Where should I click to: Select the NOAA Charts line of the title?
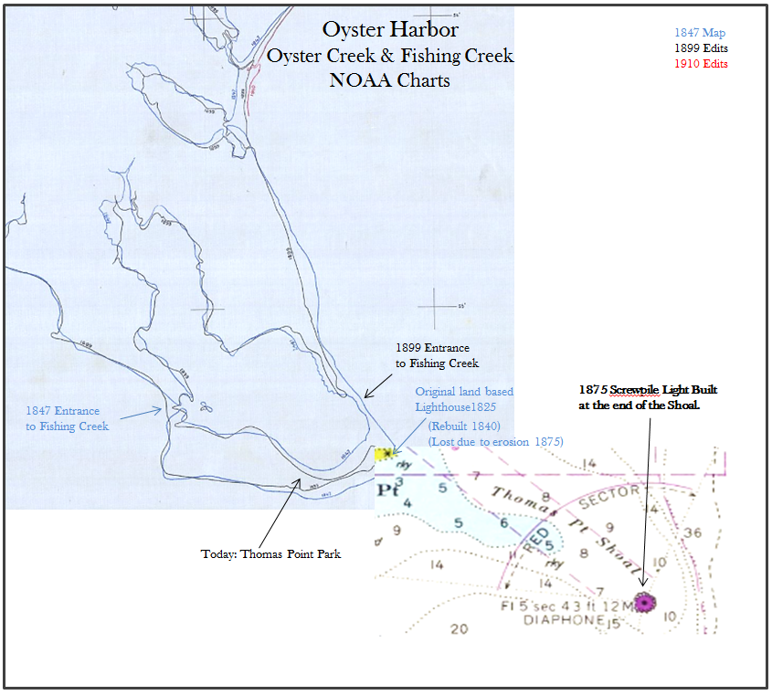click(x=390, y=79)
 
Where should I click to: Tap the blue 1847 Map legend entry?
click(x=700, y=33)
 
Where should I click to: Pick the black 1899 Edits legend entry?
click(x=701, y=48)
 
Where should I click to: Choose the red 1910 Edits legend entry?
click(x=701, y=64)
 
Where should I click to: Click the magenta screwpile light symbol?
click(x=646, y=603)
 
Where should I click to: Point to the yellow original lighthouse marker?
click(x=386, y=454)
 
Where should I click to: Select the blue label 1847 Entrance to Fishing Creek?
click(x=68, y=418)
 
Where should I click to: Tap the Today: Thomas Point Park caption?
click(x=270, y=553)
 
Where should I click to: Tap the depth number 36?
click(x=692, y=533)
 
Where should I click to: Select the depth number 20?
click(x=460, y=628)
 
